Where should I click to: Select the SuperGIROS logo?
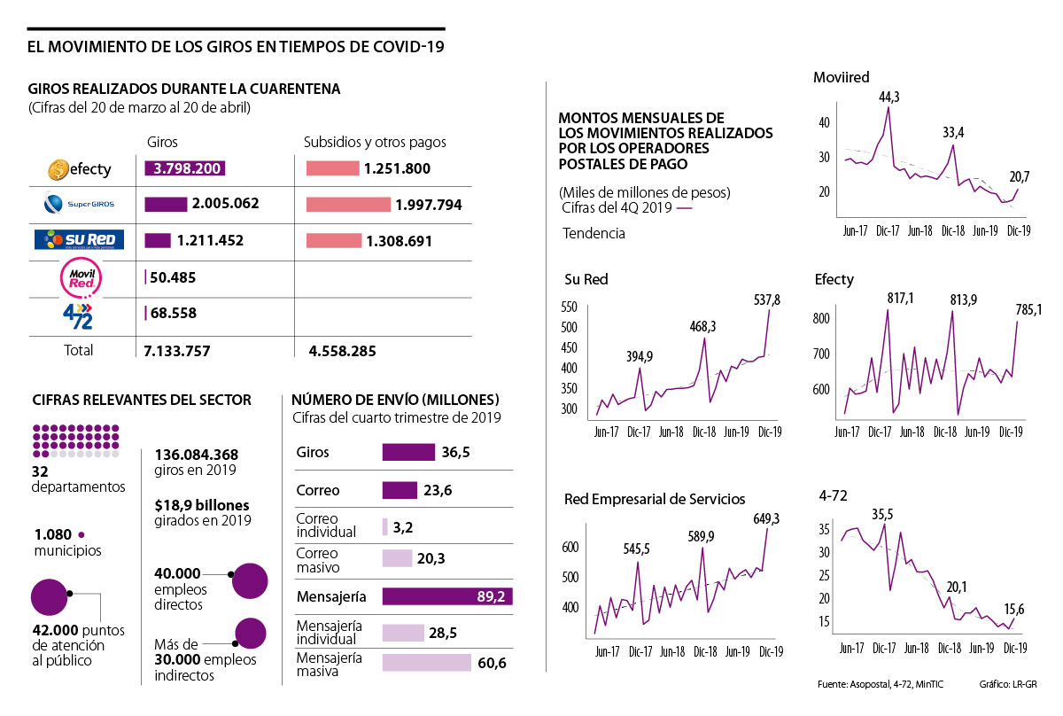[79, 205]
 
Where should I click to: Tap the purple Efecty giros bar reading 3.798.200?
[185, 168]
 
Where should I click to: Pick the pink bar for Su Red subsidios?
[334, 240]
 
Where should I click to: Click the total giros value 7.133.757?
[176, 351]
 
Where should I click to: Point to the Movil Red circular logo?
[79, 277]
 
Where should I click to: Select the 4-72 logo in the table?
[79, 314]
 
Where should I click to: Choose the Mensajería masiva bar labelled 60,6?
[426, 663]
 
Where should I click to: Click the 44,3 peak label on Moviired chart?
[889, 97]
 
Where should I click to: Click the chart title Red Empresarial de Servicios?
[655, 500]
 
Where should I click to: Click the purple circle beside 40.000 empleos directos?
[249, 580]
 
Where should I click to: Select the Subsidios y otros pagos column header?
[375, 142]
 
